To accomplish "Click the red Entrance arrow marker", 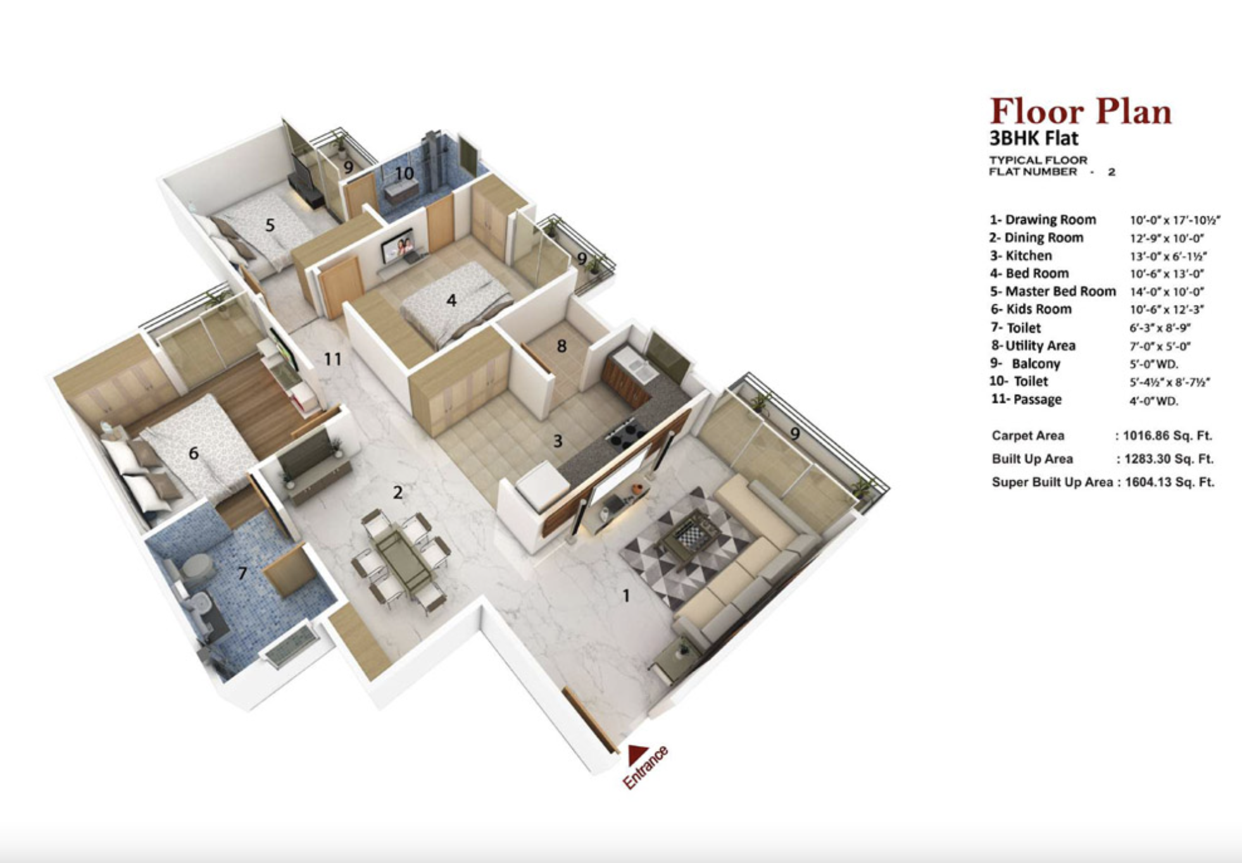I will pyautogui.click(x=637, y=754).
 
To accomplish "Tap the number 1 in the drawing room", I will pyautogui.click(x=626, y=595).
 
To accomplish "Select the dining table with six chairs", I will pyautogui.click(x=401, y=557).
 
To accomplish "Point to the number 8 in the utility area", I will pyautogui.click(x=561, y=346).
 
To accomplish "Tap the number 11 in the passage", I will pyautogui.click(x=332, y=359).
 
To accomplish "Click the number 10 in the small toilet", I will pyautogui.click(x=405, y=173).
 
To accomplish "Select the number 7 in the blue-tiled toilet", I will pyautogui.click(x=242, y=573).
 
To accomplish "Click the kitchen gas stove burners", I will pyautogui.click(x=625, y=437).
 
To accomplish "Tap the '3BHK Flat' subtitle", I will pyautogui.click(x=1034, y=138).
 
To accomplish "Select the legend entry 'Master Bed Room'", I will pyautogui.click(x=1053, y=291).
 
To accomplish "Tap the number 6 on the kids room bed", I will pyautogui.click(x=194, y=453).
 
